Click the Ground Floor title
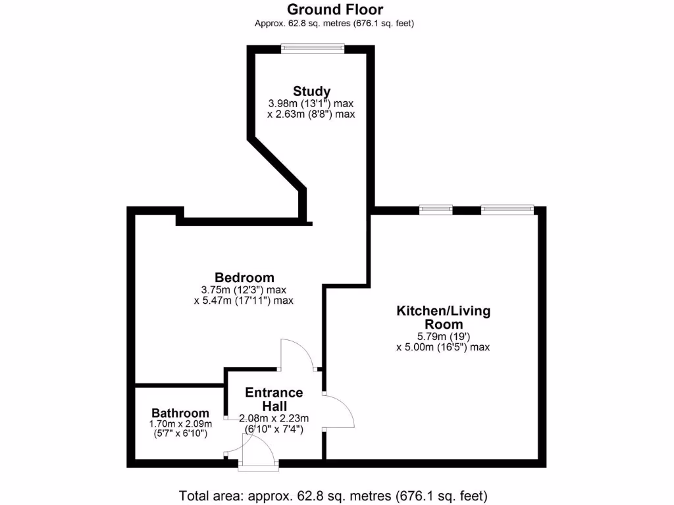point(335,9)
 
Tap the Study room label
point(311,91)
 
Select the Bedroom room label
point(244,277)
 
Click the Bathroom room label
point(180,413)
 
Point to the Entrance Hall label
point(274,399)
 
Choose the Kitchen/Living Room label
point(443,317)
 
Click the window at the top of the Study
point(312,47)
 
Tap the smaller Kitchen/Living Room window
point(436,210)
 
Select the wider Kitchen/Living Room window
point(506,210)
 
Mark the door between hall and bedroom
point(296,356)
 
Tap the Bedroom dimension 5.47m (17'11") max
point(244,301)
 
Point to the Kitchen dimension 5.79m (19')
point(443,336)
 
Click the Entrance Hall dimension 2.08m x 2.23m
point(274,418)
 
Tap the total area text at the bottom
point(334,494)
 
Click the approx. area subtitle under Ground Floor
point(334,23)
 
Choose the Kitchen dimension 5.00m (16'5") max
point(443,347)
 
